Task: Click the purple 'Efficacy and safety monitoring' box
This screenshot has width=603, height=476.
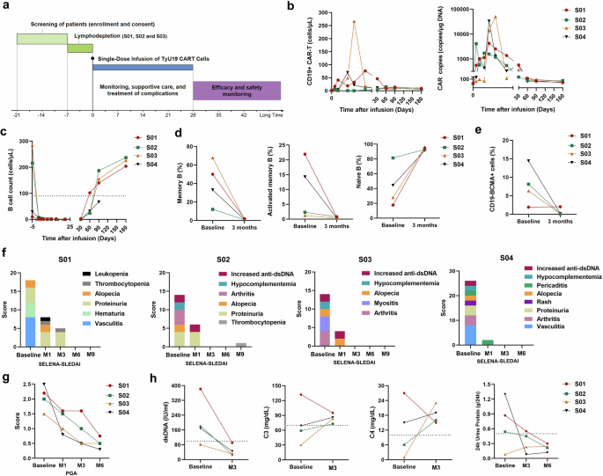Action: click(236, 89)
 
